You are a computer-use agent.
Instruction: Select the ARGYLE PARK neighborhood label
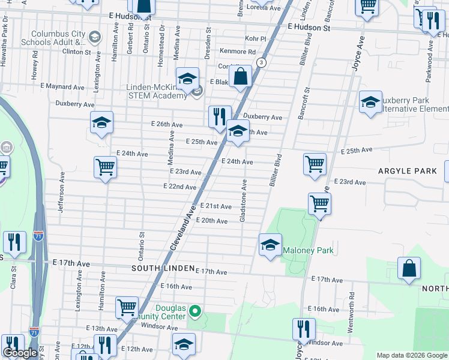[407, 171]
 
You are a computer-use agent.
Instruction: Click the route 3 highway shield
[261, 62]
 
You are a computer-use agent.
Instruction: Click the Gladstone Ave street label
[244, 200]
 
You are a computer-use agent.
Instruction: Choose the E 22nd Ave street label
[180, 187]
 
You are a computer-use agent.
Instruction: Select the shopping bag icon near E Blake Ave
[240, 77]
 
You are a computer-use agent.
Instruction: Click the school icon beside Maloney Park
[270, 245]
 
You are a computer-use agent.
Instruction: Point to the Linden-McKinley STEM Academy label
[157, 91]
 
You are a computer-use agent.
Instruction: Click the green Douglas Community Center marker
[194, 311]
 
